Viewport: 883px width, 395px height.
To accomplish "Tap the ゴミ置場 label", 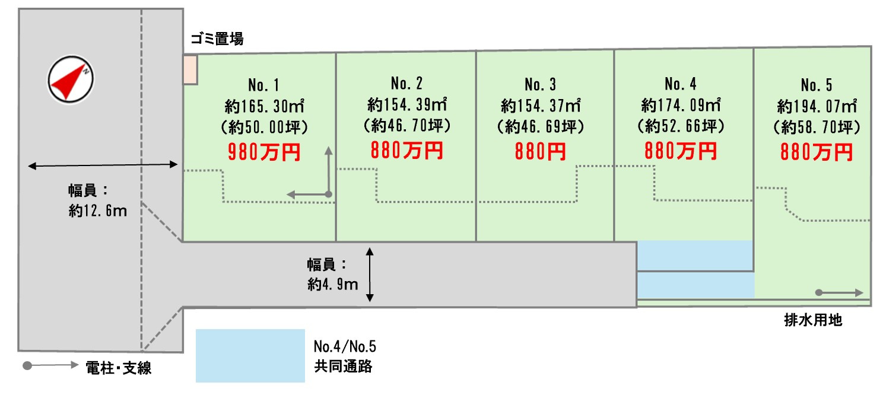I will click(217, 40).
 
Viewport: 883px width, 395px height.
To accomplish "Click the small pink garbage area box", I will click(190, 69).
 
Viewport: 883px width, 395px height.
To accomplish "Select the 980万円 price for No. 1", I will click(264, 152).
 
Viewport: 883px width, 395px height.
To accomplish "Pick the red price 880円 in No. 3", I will click(540, 152).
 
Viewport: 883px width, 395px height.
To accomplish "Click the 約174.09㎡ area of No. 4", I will click(681, 105).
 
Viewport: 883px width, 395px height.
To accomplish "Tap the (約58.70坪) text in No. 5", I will click(817, 127).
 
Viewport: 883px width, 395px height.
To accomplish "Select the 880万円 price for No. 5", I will click(817, 152).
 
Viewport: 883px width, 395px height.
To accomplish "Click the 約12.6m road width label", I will click(97, 211).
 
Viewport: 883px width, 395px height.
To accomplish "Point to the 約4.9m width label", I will click(333, 285).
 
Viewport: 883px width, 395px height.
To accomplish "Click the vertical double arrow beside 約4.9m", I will click(370, 275).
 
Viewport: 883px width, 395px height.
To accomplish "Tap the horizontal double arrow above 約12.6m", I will click(103, 165).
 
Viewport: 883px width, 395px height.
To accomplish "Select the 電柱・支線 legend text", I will click(119, 368).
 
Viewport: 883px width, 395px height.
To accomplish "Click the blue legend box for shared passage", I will click(250, 355).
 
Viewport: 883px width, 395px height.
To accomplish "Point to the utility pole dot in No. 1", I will click(328, 194).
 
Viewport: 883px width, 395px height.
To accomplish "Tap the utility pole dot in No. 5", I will click(818, 292).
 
